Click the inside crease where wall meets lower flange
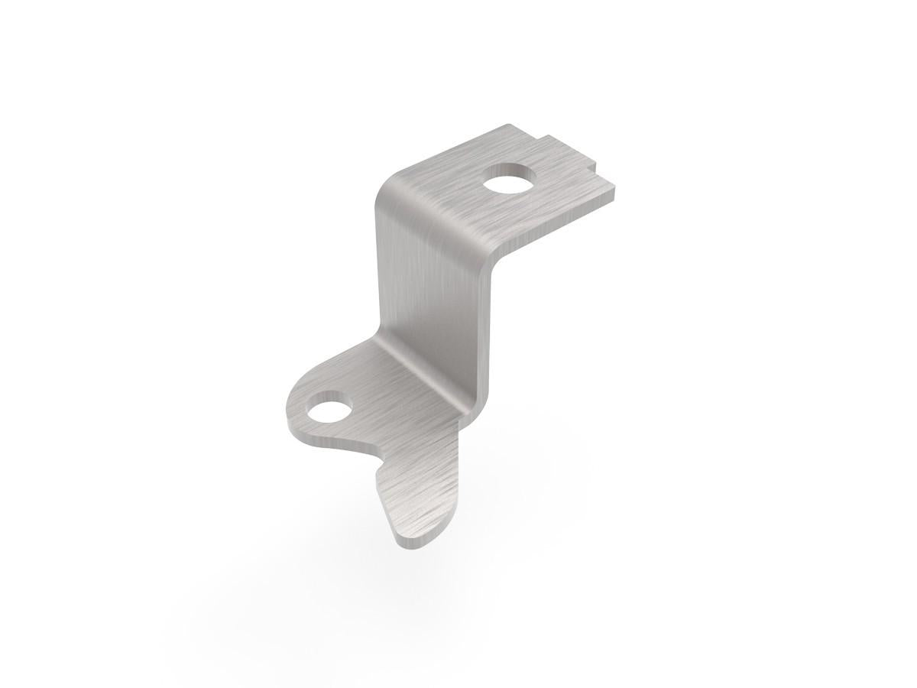(416, 375)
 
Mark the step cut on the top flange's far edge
(544, 138)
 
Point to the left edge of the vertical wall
(377, 268)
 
